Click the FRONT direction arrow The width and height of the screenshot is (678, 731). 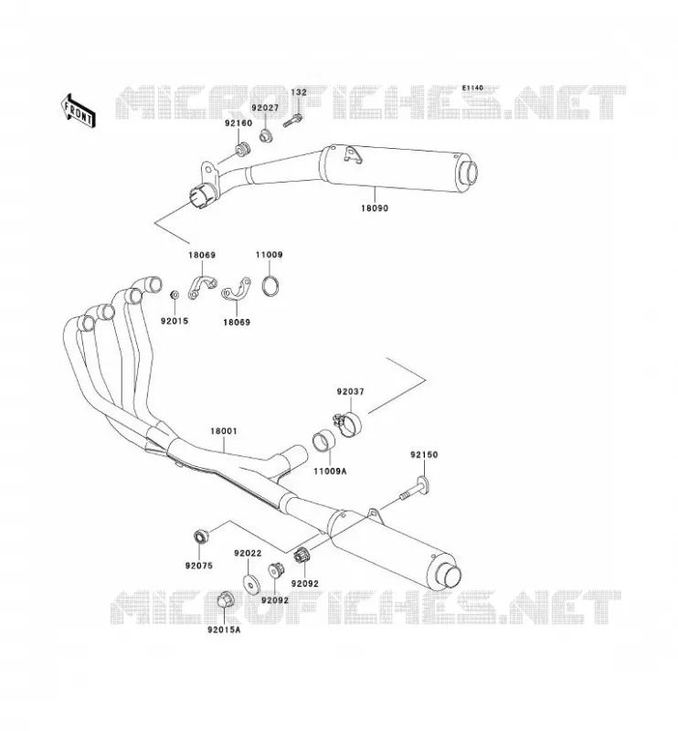coord(79,111)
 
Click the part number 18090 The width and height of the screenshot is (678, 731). coord(375,208)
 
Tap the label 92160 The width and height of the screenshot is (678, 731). coord(238,123)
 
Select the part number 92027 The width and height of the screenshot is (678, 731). coord(265,108)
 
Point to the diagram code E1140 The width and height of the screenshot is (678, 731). coord(472,88)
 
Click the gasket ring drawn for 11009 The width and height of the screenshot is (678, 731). coord(271,286)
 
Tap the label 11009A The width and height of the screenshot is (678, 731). coord(330,471)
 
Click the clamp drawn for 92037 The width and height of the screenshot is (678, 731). coord(348,424)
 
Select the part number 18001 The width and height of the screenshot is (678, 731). coord(223,431)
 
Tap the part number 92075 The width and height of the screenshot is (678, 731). coord(198,566)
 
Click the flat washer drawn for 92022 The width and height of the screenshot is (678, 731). coord(252,585)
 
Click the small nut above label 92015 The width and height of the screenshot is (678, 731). coord(175,294)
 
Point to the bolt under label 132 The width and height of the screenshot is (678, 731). coord(292,121)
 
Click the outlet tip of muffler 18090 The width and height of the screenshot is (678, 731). coord(469,173)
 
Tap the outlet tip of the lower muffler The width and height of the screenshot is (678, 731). coord(451,577)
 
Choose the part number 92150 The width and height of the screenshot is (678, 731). coord(424,454)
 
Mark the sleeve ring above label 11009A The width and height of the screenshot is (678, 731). coord(324,441)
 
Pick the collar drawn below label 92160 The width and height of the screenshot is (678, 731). coord(241,150)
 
